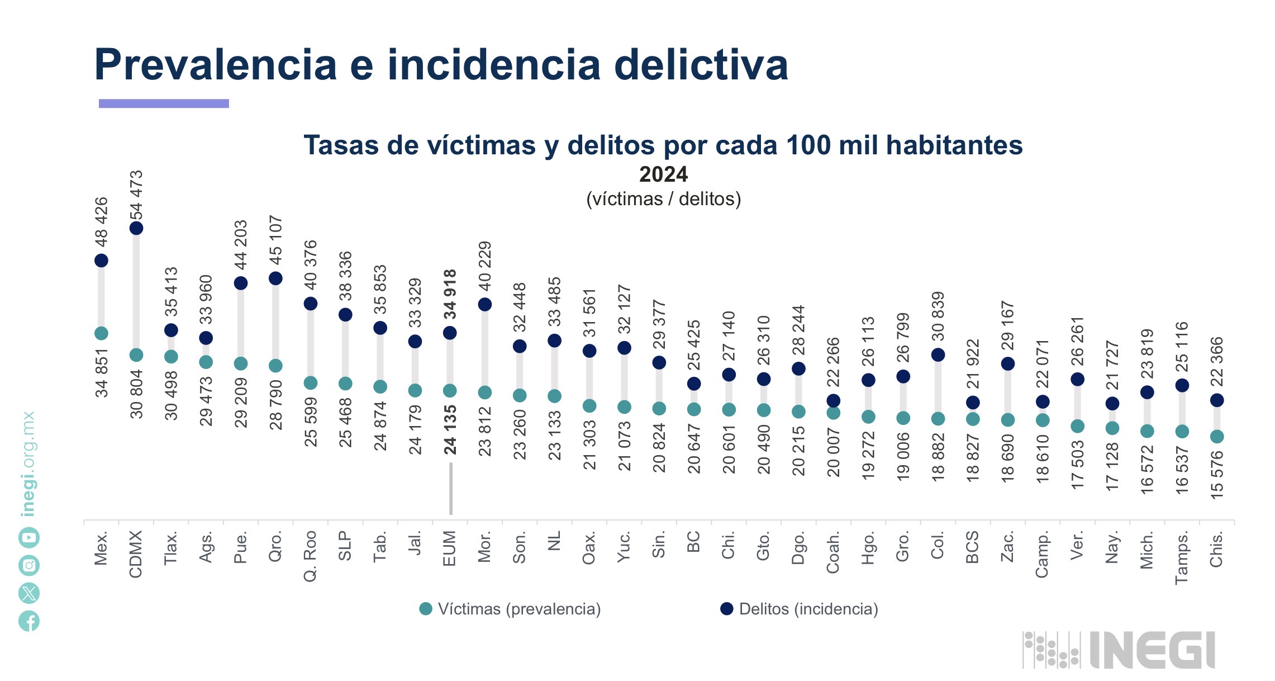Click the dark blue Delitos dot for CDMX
tap(136, 228)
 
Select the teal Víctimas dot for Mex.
tap(101, 333)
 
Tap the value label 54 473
tap(136, 195)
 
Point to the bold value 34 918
tap(450, 294)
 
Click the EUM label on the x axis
tap(450, 548)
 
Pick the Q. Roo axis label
tap(310, 556)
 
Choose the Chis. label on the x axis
tap(1216, 549)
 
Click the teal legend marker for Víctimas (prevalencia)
tap(426, 609)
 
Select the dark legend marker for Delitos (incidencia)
tap(726, 609)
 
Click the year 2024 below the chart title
tap(663, 174)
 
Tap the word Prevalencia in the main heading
tap(215, 65)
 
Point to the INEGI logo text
tap(1152, 650)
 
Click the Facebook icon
tap(29, 621)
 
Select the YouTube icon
tap(29, 538)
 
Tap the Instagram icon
tap(29, 565)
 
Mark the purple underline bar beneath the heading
tap(164, 103)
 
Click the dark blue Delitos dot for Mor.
tap(485, 304)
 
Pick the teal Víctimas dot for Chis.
tap(1217, 437)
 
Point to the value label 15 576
tap(1217, 475)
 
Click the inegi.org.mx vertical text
tap(28, 464)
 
